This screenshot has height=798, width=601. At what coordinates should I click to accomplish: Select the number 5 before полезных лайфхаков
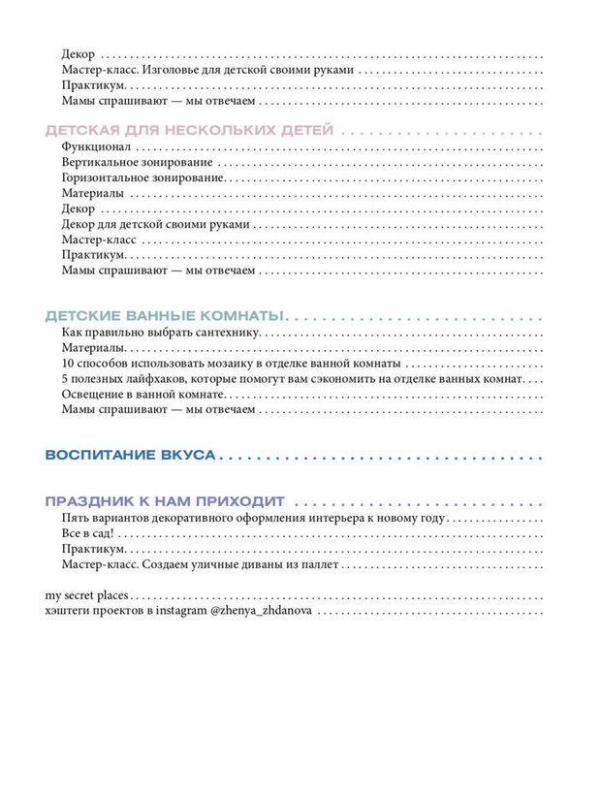(65, 379)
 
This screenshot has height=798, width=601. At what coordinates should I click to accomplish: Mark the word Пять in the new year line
(75, 519)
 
